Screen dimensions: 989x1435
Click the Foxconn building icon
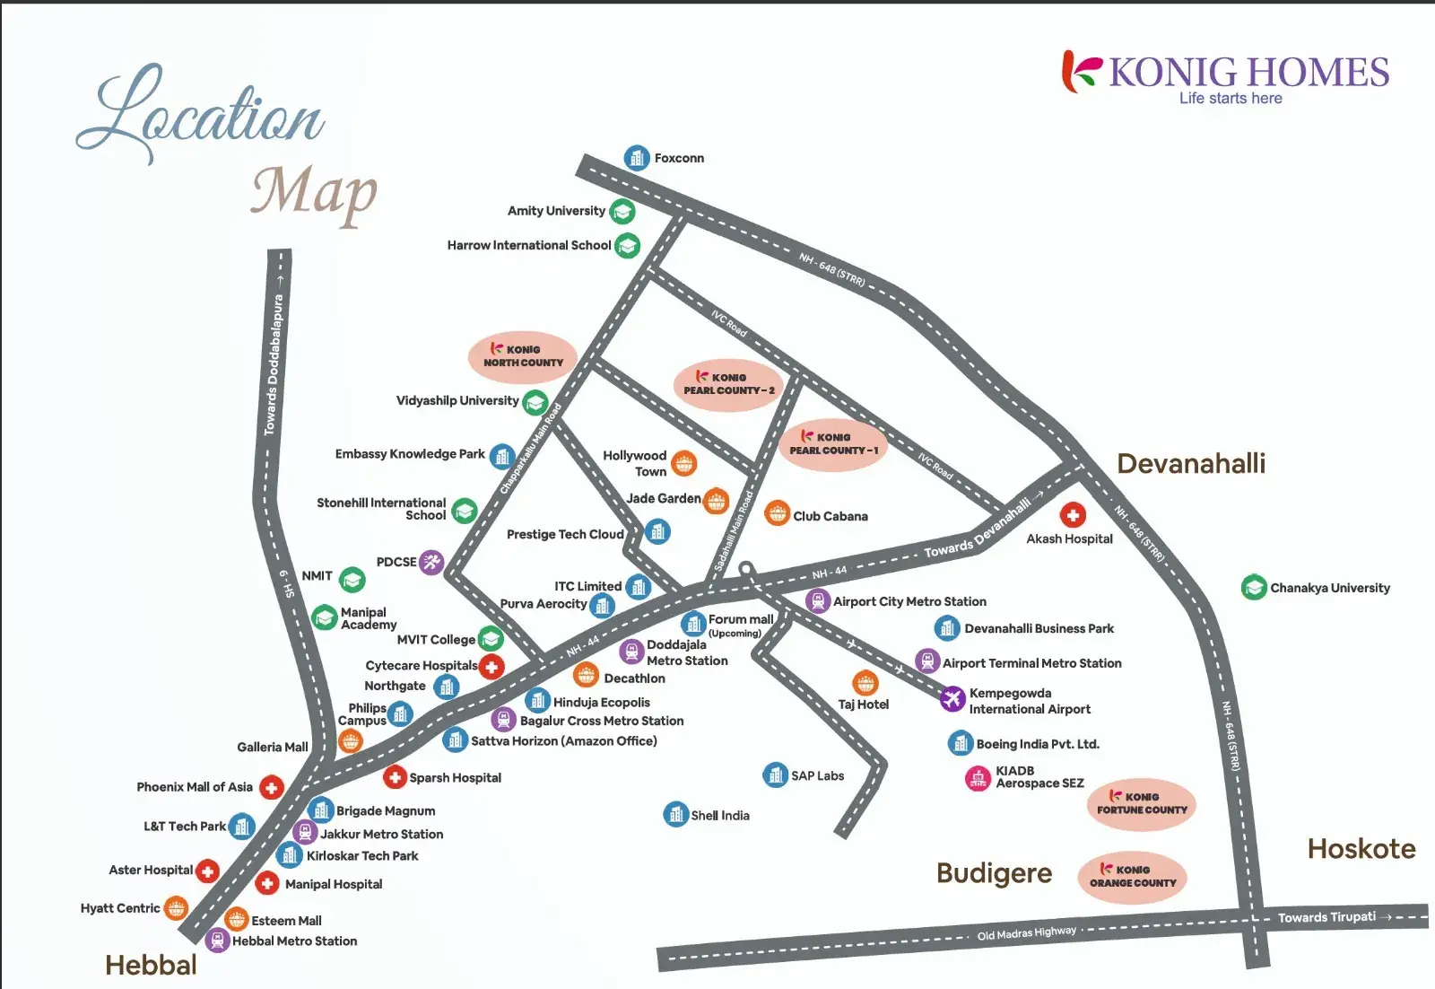point(637,158)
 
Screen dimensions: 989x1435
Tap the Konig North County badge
point(523,356)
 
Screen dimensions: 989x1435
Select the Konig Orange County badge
point(1133,877)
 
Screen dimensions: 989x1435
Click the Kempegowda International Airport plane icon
point(952,698)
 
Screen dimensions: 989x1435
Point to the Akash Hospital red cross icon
point(1073,515)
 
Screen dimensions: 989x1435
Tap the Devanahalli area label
point(1191,464)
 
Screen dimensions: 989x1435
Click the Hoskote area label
point(1361,849)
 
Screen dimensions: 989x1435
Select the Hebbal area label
point(151,965)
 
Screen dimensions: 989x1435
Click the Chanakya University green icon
point(1254,588)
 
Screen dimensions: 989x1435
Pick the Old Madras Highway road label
point(1027,933)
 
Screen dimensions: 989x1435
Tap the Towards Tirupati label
point(1326,917)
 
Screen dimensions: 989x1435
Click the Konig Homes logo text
point(1248,73)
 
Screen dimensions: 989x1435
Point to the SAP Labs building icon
point(776,775)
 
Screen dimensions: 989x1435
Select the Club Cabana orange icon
point(778,514)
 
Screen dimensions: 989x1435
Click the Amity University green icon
point(622,212)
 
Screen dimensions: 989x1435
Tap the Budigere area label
point(994,873)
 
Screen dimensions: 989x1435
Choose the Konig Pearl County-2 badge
point(728,385)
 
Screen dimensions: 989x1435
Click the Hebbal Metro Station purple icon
point(217,941)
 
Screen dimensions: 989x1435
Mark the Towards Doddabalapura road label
point(274,364)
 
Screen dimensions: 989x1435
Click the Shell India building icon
point(675,814)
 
